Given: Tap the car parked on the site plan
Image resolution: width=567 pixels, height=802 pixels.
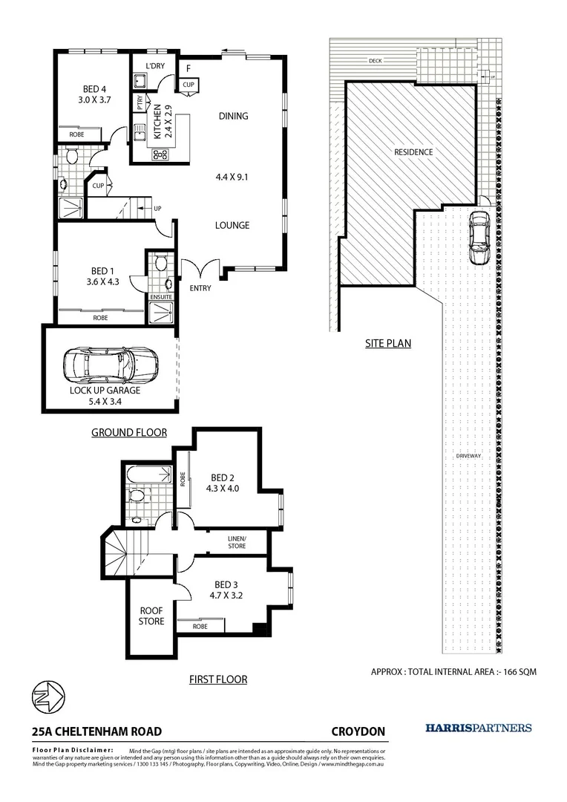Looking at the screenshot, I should [479, 237].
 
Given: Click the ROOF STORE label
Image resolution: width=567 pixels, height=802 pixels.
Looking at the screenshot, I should [151, 616].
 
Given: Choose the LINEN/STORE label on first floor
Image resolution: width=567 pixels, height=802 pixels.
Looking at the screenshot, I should [237, 541].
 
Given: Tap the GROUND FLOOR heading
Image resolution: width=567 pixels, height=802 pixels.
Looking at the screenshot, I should [128, 432].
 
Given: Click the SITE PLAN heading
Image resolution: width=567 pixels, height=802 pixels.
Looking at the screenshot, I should [387, 344].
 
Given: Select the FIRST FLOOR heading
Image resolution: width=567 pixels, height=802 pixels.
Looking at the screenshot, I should [218, 679].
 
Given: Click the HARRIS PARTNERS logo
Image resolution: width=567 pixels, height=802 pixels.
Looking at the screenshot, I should [478, 728].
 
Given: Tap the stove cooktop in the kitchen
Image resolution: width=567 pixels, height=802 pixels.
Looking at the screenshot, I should [160, 154].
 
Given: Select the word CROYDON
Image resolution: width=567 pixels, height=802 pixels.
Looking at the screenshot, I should [358, 731].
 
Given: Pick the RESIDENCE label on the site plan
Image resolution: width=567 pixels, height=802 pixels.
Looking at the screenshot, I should [413, 152].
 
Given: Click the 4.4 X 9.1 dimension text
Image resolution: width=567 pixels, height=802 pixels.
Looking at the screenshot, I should [232, 177].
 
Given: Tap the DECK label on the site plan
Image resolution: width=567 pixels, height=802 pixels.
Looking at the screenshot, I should [375, 61].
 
